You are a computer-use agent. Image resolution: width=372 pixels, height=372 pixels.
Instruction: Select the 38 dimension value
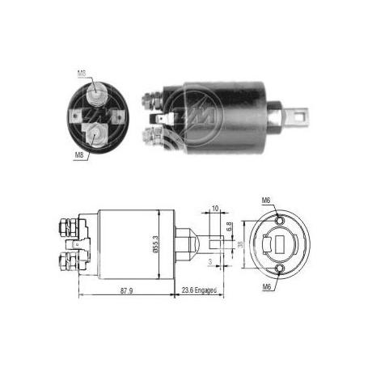click(240, 248)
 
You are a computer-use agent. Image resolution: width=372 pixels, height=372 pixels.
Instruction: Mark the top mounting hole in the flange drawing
click(279, 220)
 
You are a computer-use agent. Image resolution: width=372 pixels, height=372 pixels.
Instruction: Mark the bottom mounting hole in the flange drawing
click(279, 268)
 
